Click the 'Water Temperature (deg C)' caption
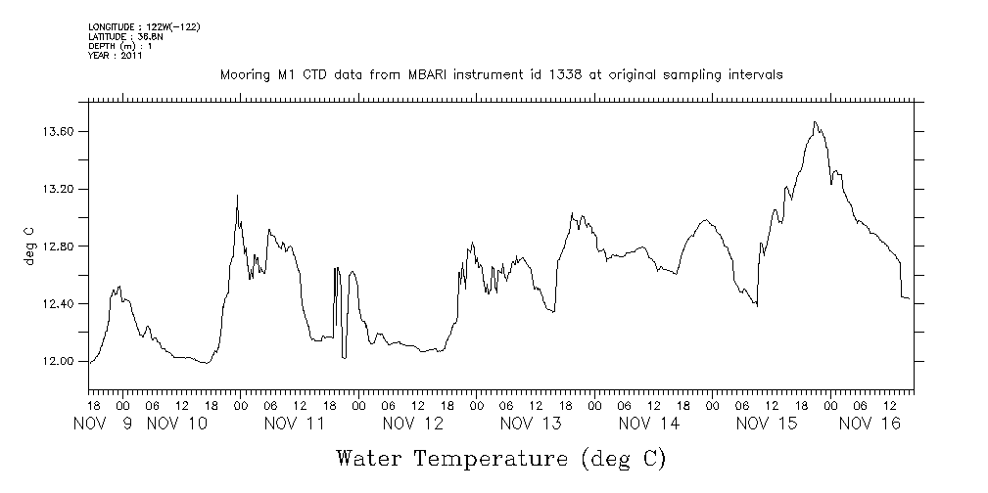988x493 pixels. [x=500, y=458]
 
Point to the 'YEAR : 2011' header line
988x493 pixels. [x=116, y=56]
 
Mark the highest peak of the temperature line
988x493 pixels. [x=815, y=122]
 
